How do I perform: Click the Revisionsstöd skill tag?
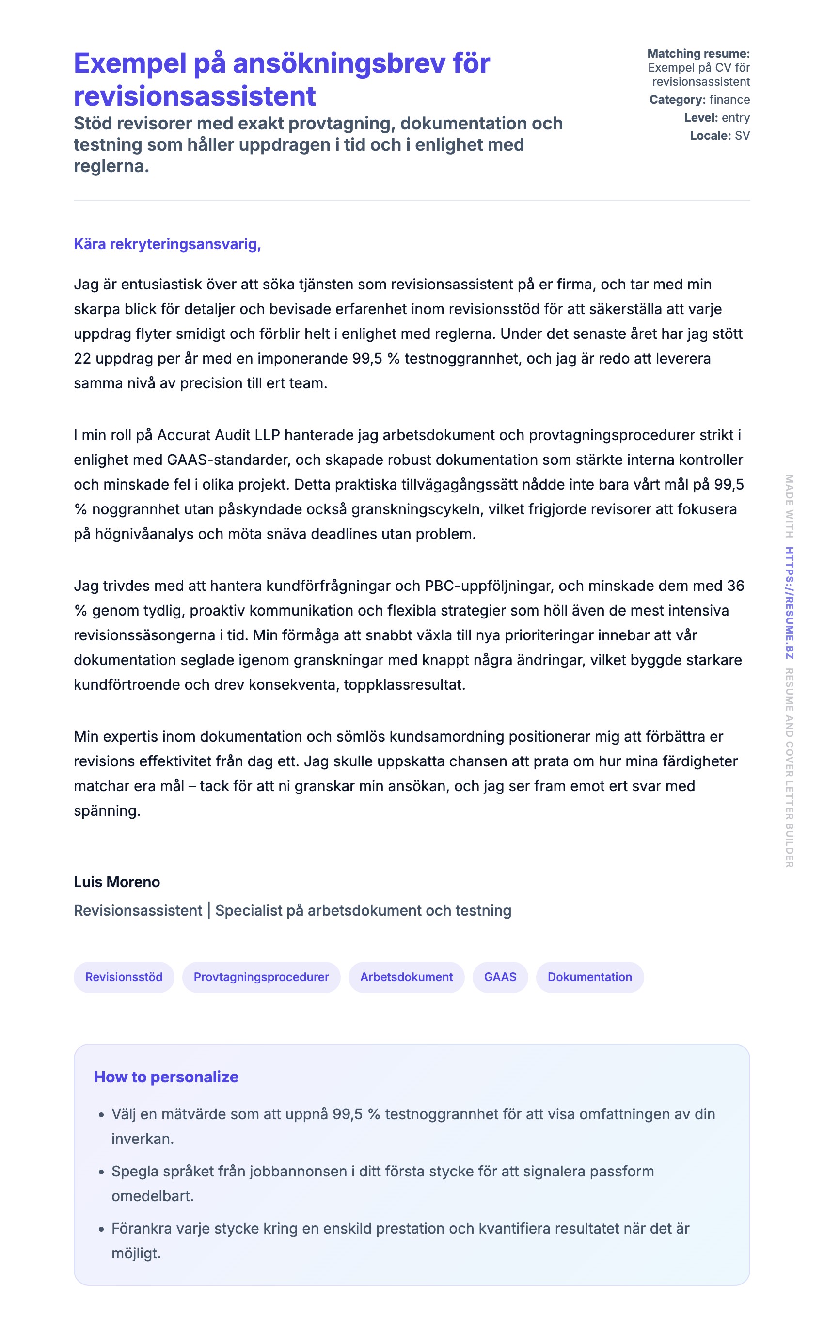point(124,977)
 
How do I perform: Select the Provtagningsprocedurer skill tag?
point(261,977)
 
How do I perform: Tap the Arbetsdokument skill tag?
point(406,977)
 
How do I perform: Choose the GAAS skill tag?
point(500,977)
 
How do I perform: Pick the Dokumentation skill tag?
point(590,977)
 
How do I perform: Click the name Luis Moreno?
point(117,882)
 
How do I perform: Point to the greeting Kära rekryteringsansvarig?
point(167,244)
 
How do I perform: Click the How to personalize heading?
point(166,1077)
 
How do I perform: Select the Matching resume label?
point(698,53)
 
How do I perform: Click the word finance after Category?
point(729,100)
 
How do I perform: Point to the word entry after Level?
point(736,118)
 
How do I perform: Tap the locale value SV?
point(742,136)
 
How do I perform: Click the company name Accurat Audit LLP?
point(219,435)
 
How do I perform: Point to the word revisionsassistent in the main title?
point(194,96)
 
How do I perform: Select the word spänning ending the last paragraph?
point(107,811)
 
